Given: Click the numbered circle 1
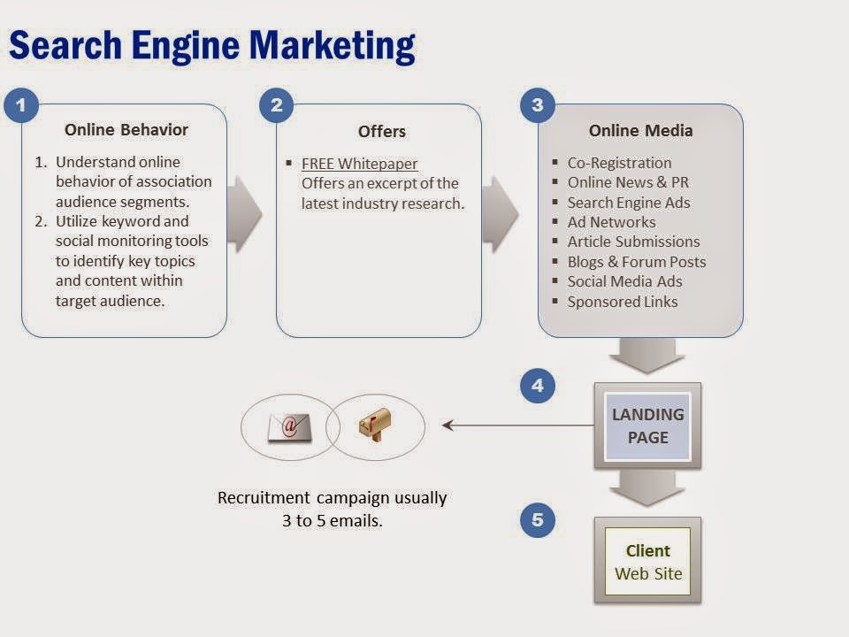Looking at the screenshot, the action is pyautogui.click(x=21, y=104).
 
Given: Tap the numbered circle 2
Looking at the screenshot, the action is pyautogui.click(x=276, y=104).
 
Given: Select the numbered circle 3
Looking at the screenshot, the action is pyautogui.click(x=537, y=104).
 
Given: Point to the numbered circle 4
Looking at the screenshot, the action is pyautogui.click(x=537, y=386).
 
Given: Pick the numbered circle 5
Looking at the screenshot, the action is pyautogui.click(x=537, y=520).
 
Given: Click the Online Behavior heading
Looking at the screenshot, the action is pyautogui.click(x=126, y=130).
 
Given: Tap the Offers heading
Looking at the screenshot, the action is pyautogui.click(x=382, y=132).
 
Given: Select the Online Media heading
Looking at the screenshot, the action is pyautogui.click(x=640, y=131).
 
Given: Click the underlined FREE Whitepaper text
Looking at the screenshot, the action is pyautogui.click(x=360, y=164).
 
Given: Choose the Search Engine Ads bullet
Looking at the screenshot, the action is pyautogui.click(x=629, y=203).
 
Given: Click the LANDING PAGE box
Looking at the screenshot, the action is pyautogui.click(x=647, y=426).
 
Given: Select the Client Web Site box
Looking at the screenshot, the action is pyautogui.click(x=647, y=561).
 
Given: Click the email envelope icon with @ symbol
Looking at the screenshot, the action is pyautogui.click(x=290, y=427).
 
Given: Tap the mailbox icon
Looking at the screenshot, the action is pyautogui.click(x=375, y=424).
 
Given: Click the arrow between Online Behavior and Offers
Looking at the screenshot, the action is pyautogui.click(x=245, y=214).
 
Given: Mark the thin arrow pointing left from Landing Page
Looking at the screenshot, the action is pyautogui.click(x=518, y=426).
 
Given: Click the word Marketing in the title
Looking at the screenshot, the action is pyautogui.click(x=332, y=46).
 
